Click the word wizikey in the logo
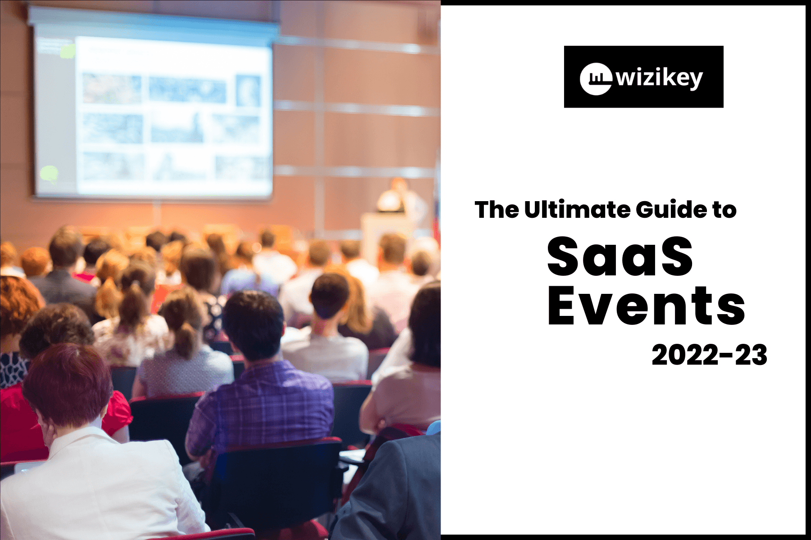pos(659,79)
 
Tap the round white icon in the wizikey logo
pos(596,79)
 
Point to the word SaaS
pos(620,256)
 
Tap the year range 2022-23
pos(709,355)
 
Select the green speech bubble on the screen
pos(49,173)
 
